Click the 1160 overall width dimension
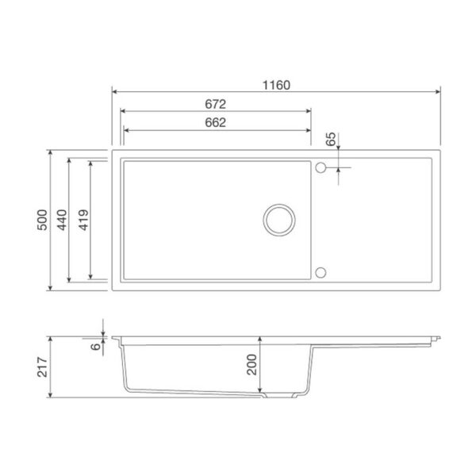[x=275, y=84]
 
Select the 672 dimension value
[x=215, y=104]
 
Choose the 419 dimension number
[x=83, y=219]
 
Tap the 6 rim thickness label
[x=96, y=346]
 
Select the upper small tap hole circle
[x=321, y=167]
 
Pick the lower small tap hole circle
[x=321, y=272]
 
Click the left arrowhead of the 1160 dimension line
[x=114, y=92]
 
